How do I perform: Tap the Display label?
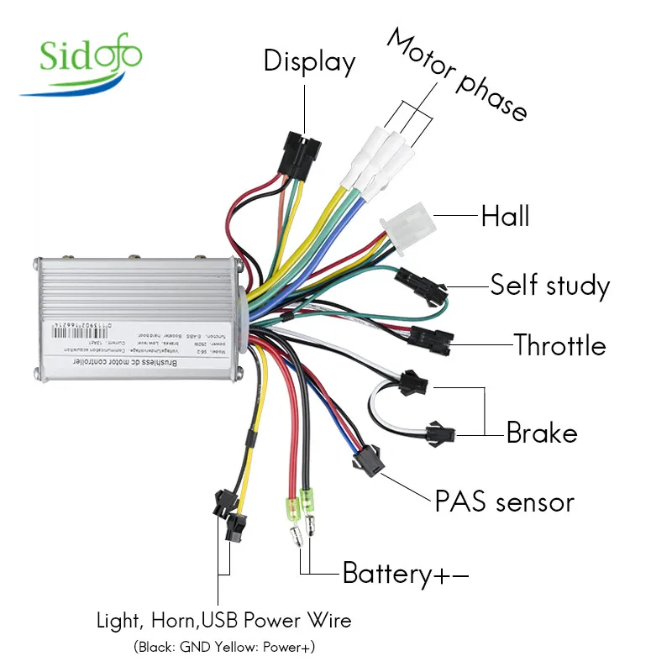[309, 61]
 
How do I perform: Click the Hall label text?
[505, 216]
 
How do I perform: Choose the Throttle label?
[559, 344]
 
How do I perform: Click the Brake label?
[542, 433]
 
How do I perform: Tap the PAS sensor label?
[504, 502]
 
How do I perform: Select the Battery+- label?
[405, 575]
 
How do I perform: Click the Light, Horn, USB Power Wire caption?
[223, 622]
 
